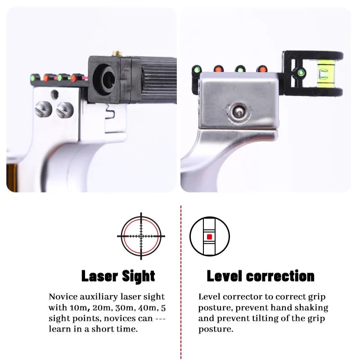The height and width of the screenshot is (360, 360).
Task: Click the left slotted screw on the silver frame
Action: (x=42, y=108)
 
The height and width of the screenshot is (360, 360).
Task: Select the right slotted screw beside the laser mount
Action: (x=64, y=108)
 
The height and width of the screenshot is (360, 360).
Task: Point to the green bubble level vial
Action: (x=324, y=73)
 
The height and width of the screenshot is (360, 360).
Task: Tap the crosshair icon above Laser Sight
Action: (x=141, y=236)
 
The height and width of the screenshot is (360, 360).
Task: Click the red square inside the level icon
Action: (x=209, y=236)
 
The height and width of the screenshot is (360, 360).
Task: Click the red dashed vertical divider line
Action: (x=180, y=279)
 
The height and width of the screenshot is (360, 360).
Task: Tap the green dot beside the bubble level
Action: (x=301, y=72)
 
